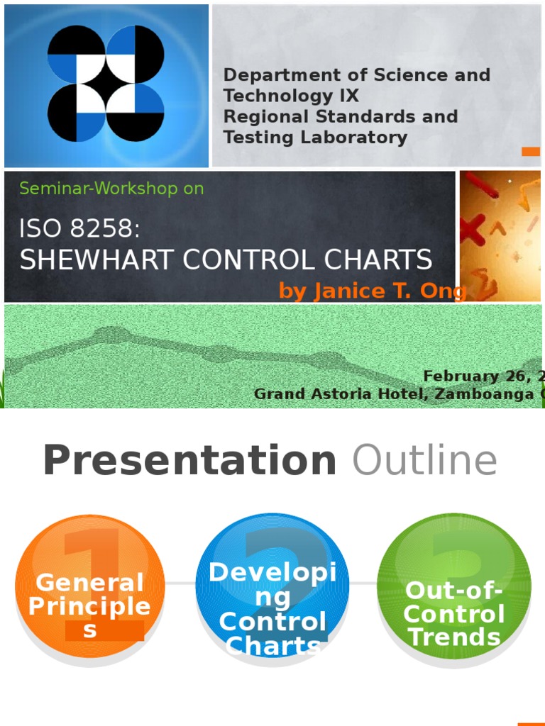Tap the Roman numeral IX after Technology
tap(348, 96)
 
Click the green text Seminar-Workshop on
tap(111, 189)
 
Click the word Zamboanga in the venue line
tap(482, 394)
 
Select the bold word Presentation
tap(189, 461)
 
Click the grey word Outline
tap(424, 461)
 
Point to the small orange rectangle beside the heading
tap(530, 151)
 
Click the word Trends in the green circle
tap(454, 637)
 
